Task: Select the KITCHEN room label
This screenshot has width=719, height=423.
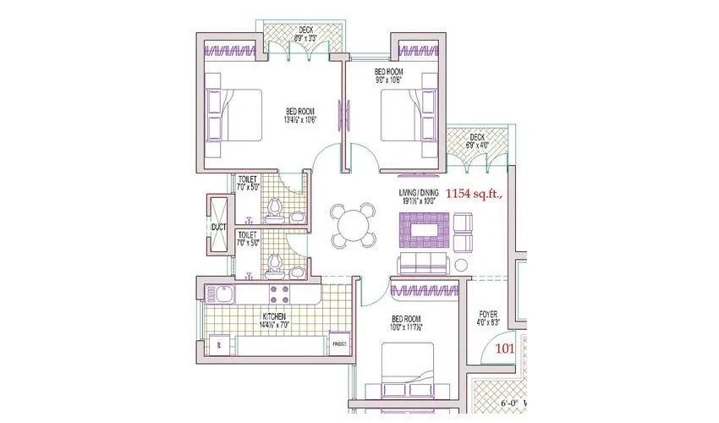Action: click(273, 318)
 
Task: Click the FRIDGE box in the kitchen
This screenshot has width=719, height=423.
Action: click(338, 344)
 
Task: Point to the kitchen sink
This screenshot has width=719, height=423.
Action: click(225, 295)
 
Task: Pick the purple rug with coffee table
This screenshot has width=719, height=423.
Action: click(425, 227)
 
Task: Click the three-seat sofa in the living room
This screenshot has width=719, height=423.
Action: click(424, 263)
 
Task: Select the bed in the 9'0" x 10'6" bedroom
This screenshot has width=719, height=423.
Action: click(406, 114)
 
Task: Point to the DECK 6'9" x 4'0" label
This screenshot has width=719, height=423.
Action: click(477, 140)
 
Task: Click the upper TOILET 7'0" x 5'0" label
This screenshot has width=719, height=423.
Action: click(248, 183)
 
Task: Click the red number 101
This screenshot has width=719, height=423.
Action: click(504, 347)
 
